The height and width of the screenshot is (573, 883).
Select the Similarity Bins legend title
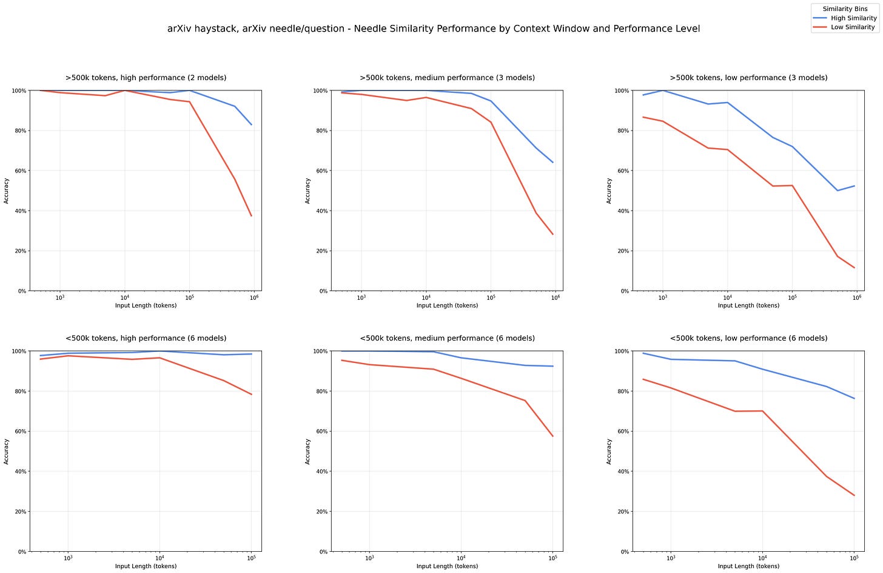[x=845, y=9]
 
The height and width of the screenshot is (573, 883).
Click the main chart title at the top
[x=434, y=29]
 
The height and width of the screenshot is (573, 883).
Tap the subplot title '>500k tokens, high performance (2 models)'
[x=146, y=78]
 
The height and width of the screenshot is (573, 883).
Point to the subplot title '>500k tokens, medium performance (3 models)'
[x=447, y=78]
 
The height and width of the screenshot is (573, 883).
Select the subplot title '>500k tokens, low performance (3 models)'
[x=748, y=78]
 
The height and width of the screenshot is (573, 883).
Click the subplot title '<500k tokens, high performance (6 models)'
[x=146, y=338]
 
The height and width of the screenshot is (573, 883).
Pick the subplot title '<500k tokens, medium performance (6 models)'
[x=447, y=338]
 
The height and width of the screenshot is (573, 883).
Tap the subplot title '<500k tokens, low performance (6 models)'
[x=748, y=338]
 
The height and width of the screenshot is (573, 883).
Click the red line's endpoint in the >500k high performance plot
[x=251, y=216]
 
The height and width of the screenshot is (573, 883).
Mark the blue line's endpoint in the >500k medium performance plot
[x=552, y=162]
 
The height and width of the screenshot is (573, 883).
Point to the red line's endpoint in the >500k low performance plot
[x=854, y=268]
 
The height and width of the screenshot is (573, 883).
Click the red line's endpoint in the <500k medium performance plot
[x=552, y=436]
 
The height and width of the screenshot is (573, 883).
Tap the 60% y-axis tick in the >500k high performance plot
[x=19, y=171]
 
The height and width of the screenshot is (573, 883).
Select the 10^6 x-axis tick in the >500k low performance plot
[x=857, y=297]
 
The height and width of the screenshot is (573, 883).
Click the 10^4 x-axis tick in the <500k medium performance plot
[x=461, y=558]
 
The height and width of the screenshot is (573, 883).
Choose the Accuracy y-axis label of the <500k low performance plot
[x=609, y=452]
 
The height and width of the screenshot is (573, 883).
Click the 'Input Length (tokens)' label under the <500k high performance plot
[x=146, y=566]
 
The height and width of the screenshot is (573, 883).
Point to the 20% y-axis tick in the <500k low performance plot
[x=622, y=512]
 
